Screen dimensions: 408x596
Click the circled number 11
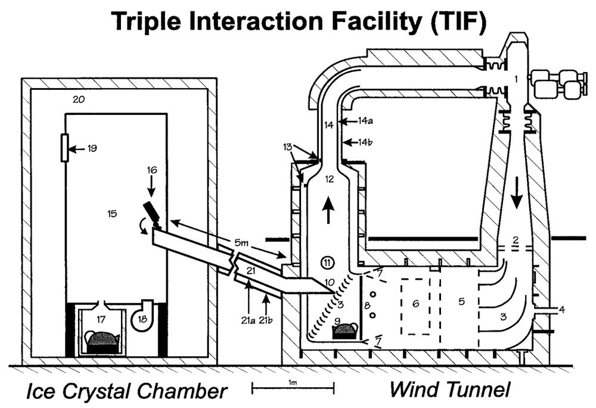[327, 261]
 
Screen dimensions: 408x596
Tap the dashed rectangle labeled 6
[416, 306]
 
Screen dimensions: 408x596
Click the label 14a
[367, 120]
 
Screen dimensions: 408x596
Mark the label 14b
[367, 142]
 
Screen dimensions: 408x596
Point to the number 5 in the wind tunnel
[461, 301]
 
